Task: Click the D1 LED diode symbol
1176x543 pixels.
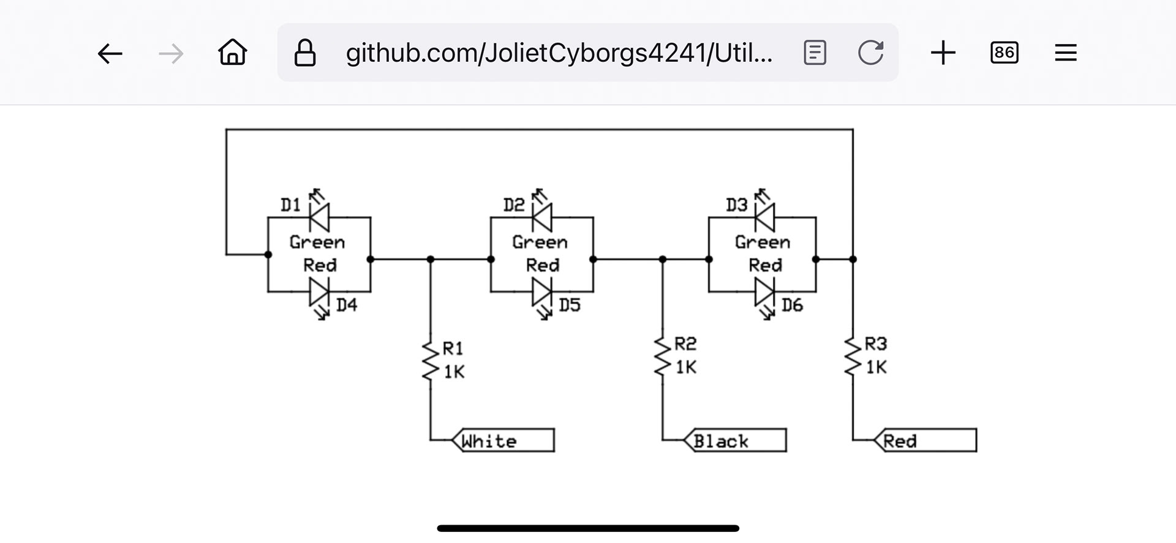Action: [x=319, y=217]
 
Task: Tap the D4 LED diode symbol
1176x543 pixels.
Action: [x=319, y=292]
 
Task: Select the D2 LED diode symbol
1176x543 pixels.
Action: [x=542, y=217]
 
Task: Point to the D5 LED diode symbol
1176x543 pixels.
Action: [x=542, y=292]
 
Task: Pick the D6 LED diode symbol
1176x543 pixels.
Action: [x=764, y=292]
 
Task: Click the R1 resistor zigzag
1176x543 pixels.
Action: [x=431, y=361]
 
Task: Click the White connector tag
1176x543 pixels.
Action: [x=503, y=440]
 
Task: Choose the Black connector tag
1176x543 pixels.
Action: [x=735, y=440]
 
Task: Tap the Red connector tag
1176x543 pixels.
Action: [x=925, y=440]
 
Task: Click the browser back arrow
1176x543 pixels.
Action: [x=110, y=53]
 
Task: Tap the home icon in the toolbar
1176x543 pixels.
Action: [x=233, y=53]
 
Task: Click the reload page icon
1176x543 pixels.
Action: [x=870, y=53]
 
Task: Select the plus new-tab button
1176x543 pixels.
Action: [x=943, y=53]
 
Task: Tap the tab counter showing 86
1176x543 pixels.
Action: [x=1005, y=53]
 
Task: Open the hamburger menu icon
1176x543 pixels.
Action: [x=1066, y=53]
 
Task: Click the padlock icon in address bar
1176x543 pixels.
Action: [x=305, y=53]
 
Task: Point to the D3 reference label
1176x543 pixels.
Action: [x=736, y=204]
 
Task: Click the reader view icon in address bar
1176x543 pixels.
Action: [x=815, y=53]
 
